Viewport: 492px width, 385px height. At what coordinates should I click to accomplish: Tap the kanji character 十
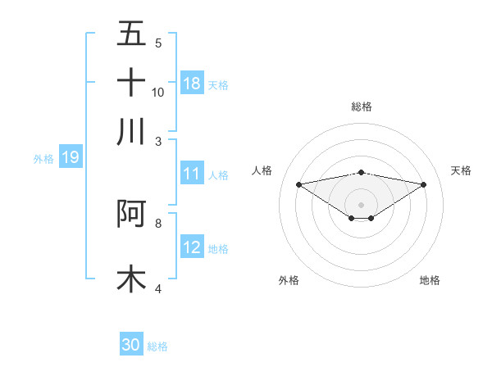point(131,82)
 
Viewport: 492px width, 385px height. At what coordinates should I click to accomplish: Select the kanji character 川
point(131,131)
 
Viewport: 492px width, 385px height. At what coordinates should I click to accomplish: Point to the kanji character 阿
point(131,213)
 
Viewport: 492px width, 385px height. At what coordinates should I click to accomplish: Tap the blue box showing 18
point(192,84)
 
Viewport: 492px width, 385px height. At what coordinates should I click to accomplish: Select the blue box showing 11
point(192,174)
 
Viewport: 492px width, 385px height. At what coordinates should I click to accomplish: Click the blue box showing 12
point(192,247)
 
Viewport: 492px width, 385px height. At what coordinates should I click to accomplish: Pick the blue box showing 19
point(71,157)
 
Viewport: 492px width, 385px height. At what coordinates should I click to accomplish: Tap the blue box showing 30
point(131,345)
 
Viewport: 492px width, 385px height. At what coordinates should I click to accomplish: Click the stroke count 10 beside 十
point(158,92)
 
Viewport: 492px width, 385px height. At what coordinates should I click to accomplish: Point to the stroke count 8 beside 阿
point(158,222)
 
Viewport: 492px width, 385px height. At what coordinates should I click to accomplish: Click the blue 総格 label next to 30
point(157,346)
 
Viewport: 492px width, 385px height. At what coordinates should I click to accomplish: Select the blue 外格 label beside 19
point(43,159)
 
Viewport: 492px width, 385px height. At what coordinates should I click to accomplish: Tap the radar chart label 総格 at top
point(361,106)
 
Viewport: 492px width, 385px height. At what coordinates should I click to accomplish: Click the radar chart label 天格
point(462,170)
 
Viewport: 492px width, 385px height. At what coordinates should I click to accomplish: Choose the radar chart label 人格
point(262,170)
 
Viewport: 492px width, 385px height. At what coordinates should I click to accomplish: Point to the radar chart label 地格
point(430,280)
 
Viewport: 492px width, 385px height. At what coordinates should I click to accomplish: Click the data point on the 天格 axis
point(424,184)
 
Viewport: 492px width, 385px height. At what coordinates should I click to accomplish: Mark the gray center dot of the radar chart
point(361,204)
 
